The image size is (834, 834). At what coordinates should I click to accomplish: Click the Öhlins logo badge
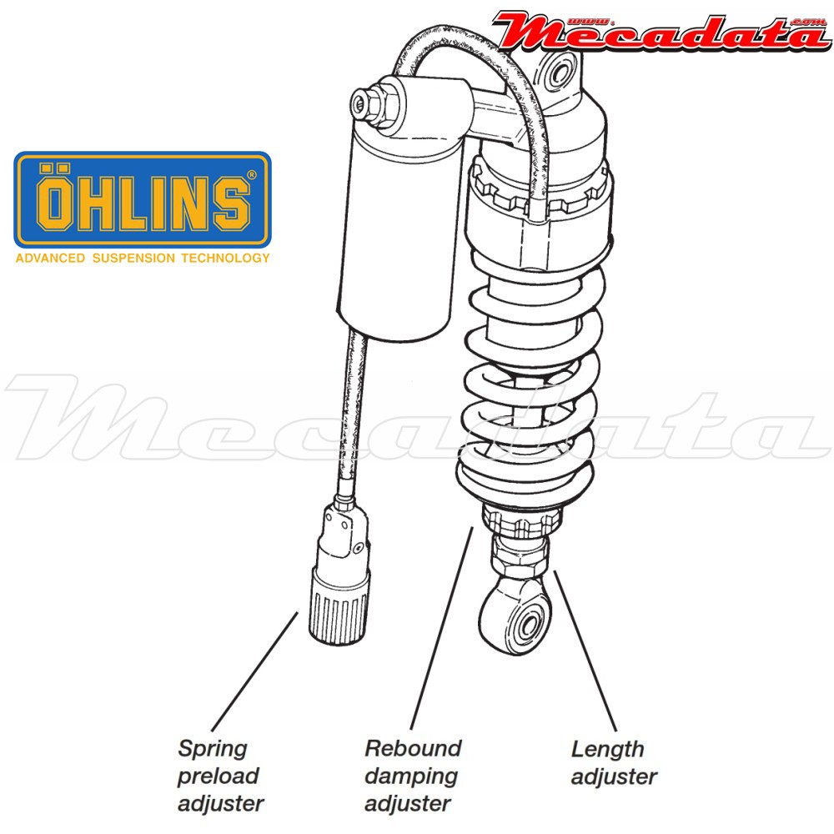(143, 200)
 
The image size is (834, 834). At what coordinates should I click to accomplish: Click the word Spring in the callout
(213, 749)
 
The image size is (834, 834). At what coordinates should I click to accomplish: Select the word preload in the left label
(218, 776)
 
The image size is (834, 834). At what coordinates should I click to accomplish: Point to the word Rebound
(413, 748)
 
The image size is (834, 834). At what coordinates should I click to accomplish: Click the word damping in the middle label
(411, 776)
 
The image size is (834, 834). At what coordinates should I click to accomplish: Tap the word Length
(607, 750)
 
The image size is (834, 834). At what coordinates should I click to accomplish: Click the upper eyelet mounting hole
(559, 73)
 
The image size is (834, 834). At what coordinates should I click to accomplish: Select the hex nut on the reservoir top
(372, 101)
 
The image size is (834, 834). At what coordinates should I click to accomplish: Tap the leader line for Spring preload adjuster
(254, 671)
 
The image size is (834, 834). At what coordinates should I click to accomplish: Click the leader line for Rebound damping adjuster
(441, 628)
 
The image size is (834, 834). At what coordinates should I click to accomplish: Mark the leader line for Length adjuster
(585, 651)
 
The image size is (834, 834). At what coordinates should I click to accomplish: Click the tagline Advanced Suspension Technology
(143, 259)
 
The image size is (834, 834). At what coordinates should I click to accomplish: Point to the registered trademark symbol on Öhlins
(252, 174)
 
